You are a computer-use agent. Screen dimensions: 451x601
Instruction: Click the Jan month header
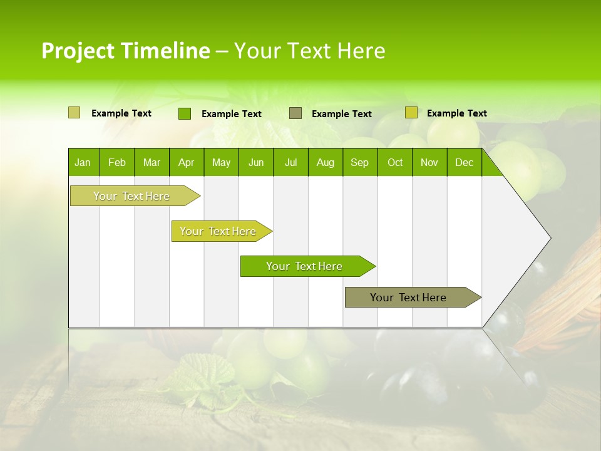[x=83, y=163]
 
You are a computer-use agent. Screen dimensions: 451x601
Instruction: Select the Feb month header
[x=117, y=163]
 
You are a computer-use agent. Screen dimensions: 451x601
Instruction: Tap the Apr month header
[x=186, y=163]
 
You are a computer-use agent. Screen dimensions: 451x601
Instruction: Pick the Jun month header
[x=256, y=163]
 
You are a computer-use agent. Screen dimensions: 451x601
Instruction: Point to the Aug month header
[x=325, y=163]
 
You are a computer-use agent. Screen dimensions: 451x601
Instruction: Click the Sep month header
[x=359, y=163]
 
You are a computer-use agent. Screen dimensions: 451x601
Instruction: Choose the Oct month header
[x=395, y=163]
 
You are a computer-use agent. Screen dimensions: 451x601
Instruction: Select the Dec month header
[x=464, y=163]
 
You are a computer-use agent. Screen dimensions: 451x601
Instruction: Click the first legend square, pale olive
[x=74, y=113]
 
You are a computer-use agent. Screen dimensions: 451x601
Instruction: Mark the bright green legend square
[x=185, y=113]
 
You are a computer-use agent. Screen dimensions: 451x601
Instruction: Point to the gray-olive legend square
[x=295, y=113]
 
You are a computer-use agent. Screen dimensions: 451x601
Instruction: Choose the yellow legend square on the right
[x=411, y=113]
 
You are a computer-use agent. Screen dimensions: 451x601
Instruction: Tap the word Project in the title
[x=78, y=51]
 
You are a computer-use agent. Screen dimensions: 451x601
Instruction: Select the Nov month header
[x=429, y=163]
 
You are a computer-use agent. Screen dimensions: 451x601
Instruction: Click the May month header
[x=221, y=163]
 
